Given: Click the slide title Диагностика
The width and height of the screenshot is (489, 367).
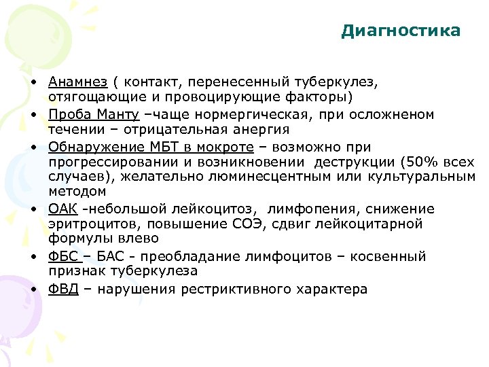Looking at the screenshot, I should pos(401,31).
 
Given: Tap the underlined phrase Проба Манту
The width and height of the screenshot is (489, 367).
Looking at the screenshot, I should pos(94,115).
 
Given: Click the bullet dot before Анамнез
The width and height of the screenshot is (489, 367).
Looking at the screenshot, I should pos(33,82).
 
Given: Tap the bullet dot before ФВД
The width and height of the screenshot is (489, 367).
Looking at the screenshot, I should pos(33,289).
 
